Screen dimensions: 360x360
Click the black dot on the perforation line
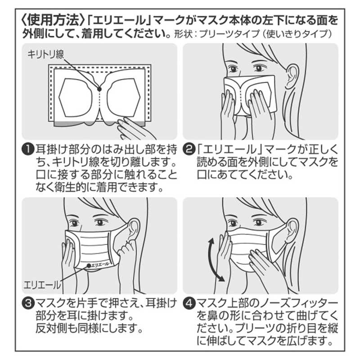coord(99,90)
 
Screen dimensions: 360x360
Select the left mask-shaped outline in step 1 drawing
coord(77,95)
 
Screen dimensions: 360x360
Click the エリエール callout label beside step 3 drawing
coord(42,284)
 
